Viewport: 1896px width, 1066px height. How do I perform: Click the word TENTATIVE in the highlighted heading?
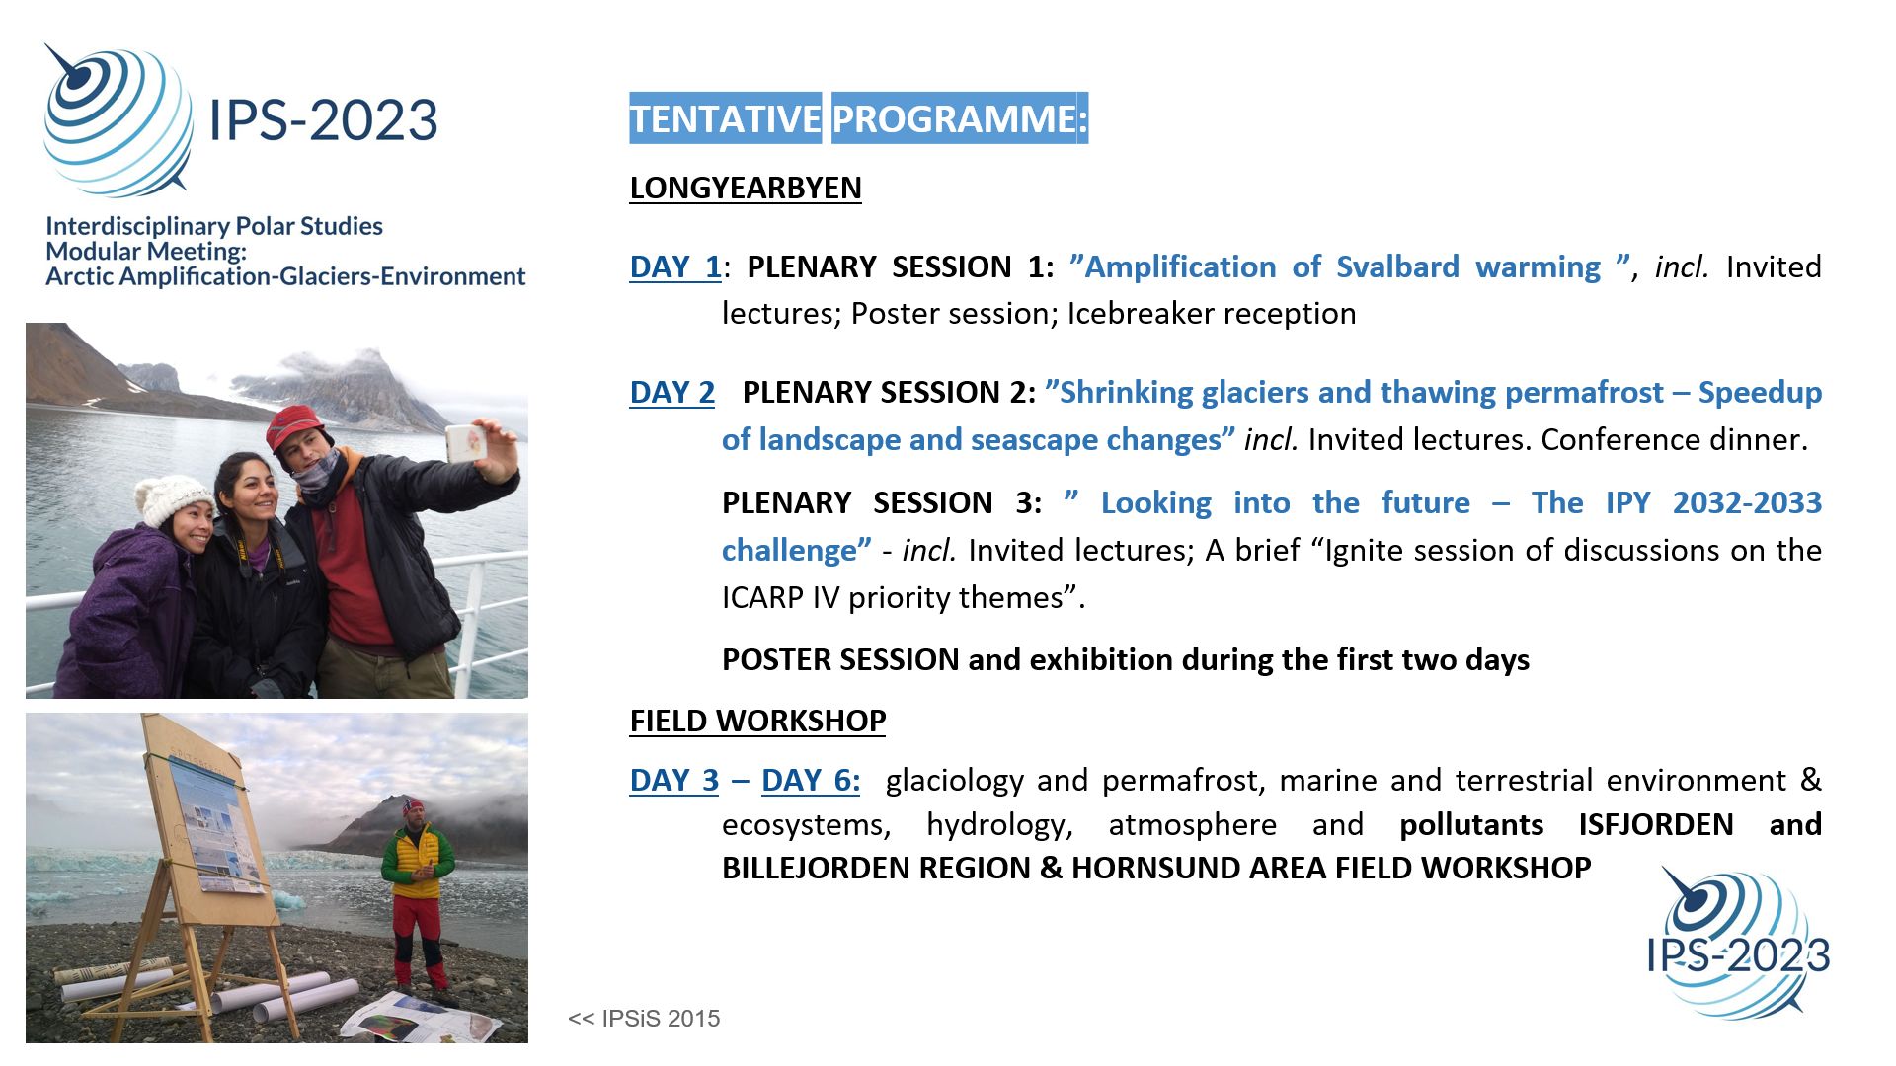pyautogui.click(x=726, y=118)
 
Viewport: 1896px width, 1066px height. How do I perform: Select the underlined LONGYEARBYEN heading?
pyautogui.click(x=746, y=188)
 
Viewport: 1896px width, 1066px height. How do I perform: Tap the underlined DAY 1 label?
pyautogui.click(x=675, y=266)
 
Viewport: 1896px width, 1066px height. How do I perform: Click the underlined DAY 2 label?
pyautogui.click(x=672, y=392)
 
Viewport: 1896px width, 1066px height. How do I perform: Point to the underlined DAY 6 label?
pyautogui.click(x=811, y=780)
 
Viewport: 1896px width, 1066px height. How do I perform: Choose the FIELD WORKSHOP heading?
pyautogui.click(x=758, y=721)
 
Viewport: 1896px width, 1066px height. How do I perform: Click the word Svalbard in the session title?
pyautogui.click(x=1397, y=266)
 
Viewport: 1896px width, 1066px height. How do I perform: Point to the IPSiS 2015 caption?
pyautogui.click(x=644, y=1019)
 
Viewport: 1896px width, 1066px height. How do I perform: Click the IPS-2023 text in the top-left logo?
pyautogui.click(x=323, y=120)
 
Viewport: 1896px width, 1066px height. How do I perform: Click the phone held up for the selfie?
pyautogui.click(x=467, y=443)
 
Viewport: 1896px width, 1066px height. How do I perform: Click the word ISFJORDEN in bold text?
pyautogui.click(x=1656, y=824)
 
